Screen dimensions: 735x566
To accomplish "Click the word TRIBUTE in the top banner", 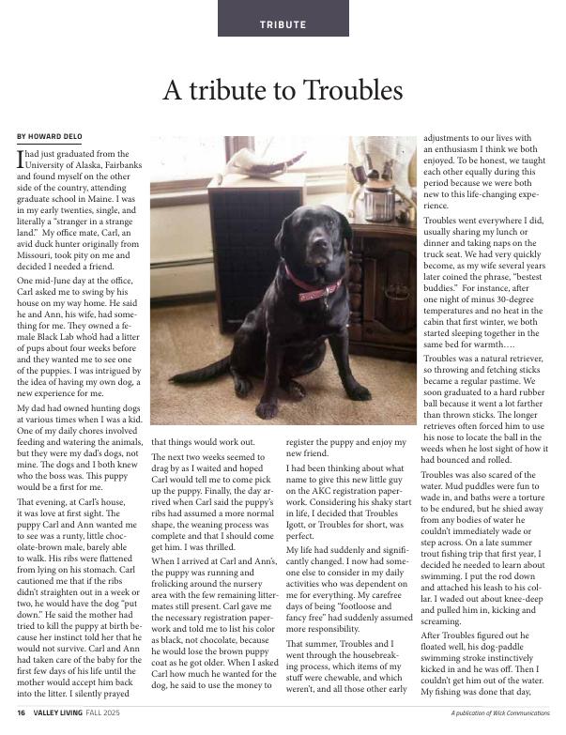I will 283,24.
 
